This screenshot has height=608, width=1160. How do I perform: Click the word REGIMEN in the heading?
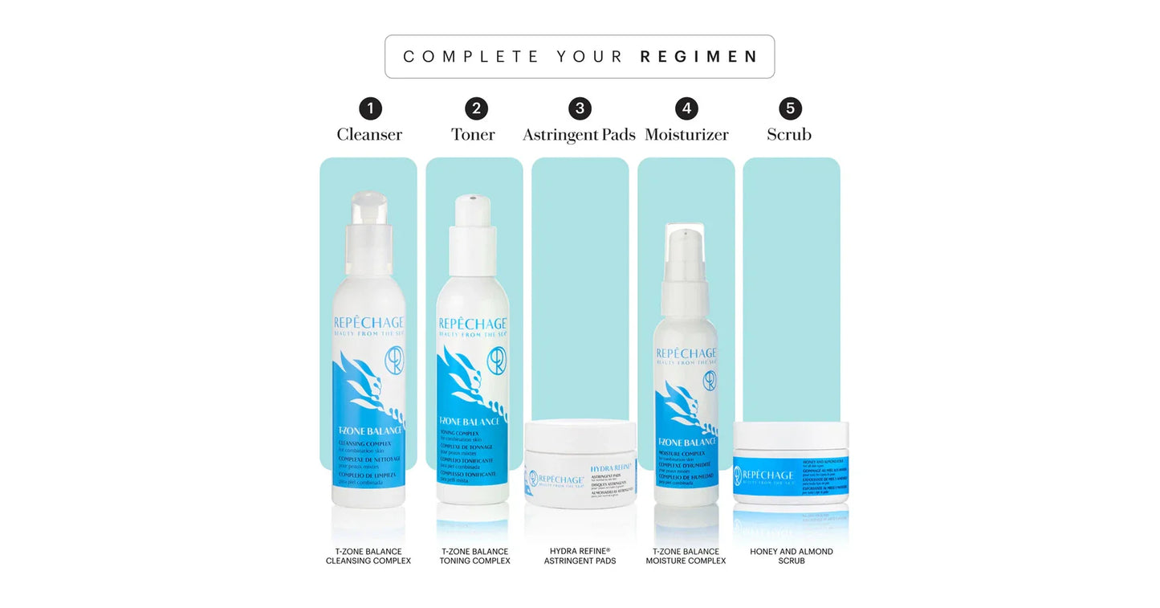pyautogui.click(x=698, y=57)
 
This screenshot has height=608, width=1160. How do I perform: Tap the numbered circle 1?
pyautogui.click(x=370, y=108)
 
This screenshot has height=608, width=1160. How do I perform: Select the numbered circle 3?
pyautogui.click(x=580, y=108)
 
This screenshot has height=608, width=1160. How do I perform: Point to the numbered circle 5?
pyautogui.click(x=790, y=108)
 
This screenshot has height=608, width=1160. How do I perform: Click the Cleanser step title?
pyautogui.click(x=369, y=134)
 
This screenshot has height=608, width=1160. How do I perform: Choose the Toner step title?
pyautogui.click(x=473, y=134)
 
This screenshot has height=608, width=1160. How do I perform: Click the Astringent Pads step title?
pyautogui.click(x=579, y=134)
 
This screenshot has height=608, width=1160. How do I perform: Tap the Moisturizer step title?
pyautogui.click(x=686, y=134)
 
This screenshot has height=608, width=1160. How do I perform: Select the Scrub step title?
pyautogui.click(x=789, y=134)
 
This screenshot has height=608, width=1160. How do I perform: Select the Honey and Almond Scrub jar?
pyautogui.click(x=791, y=463)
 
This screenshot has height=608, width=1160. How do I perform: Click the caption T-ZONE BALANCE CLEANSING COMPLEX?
pyautogui.click(x=368, y=556)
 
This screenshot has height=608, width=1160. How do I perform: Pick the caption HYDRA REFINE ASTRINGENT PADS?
pyautogui.click(x=580, y=556)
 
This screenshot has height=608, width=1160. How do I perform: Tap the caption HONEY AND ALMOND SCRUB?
pyautogui.click(x=791, y=556)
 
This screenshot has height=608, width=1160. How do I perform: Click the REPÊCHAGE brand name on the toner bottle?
pyautogui.click(x=473, y=324)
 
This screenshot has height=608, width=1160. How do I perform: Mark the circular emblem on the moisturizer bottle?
pyautogui.click(x=710, y=381)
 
